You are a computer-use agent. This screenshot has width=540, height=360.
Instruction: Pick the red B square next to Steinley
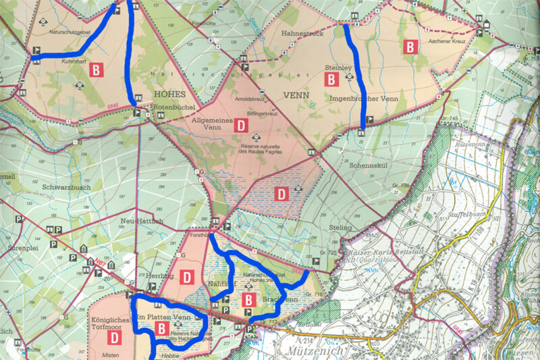(331, 80)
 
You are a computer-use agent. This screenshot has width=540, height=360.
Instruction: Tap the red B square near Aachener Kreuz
(410, 47)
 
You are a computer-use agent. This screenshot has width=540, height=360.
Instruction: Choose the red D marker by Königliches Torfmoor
(115, 336)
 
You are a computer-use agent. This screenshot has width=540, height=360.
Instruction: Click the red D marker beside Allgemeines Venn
(240, 125)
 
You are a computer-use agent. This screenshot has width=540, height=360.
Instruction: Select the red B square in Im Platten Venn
(161, 328)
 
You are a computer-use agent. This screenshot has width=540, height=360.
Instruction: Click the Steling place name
(341, 228)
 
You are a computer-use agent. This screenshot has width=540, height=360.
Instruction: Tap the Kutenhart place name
(58, 61)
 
